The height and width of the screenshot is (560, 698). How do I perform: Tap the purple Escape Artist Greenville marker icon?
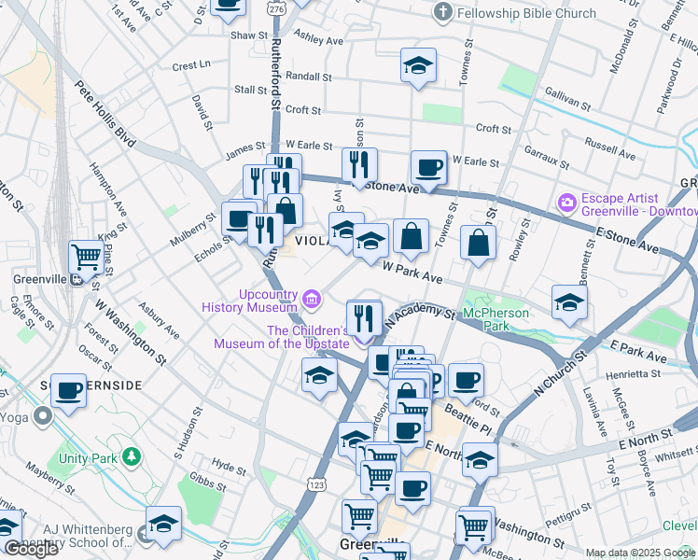565,203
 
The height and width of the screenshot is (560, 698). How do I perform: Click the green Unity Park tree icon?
133,457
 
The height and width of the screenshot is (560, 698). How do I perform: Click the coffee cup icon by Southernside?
68,390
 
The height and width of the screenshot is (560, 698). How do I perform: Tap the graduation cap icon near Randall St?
419,65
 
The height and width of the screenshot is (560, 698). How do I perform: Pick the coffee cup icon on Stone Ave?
428,167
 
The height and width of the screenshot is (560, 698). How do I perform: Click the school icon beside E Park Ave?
568,301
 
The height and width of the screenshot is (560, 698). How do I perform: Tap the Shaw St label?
249,35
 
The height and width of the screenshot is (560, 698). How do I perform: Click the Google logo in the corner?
31,549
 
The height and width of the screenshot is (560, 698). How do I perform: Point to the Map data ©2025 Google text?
640,553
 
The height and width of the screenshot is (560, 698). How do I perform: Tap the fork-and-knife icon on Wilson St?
359,164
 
